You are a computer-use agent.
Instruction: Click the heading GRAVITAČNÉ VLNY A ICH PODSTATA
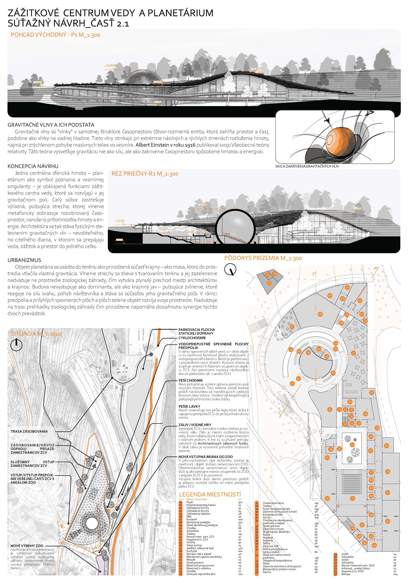(51, 125)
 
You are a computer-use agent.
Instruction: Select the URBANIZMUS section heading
(24, 260)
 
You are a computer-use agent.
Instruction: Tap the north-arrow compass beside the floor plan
(230, 270)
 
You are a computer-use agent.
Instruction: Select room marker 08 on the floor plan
(320, 314)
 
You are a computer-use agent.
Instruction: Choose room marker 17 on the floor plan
(353, 353)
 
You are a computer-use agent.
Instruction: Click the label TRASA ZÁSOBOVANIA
(29, 431)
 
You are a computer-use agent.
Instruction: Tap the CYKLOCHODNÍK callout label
(192, 338)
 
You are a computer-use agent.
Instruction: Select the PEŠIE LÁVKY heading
(189, 406)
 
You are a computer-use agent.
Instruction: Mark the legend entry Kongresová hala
(273, 514)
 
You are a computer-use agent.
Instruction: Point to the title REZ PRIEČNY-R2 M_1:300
(145, 174)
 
